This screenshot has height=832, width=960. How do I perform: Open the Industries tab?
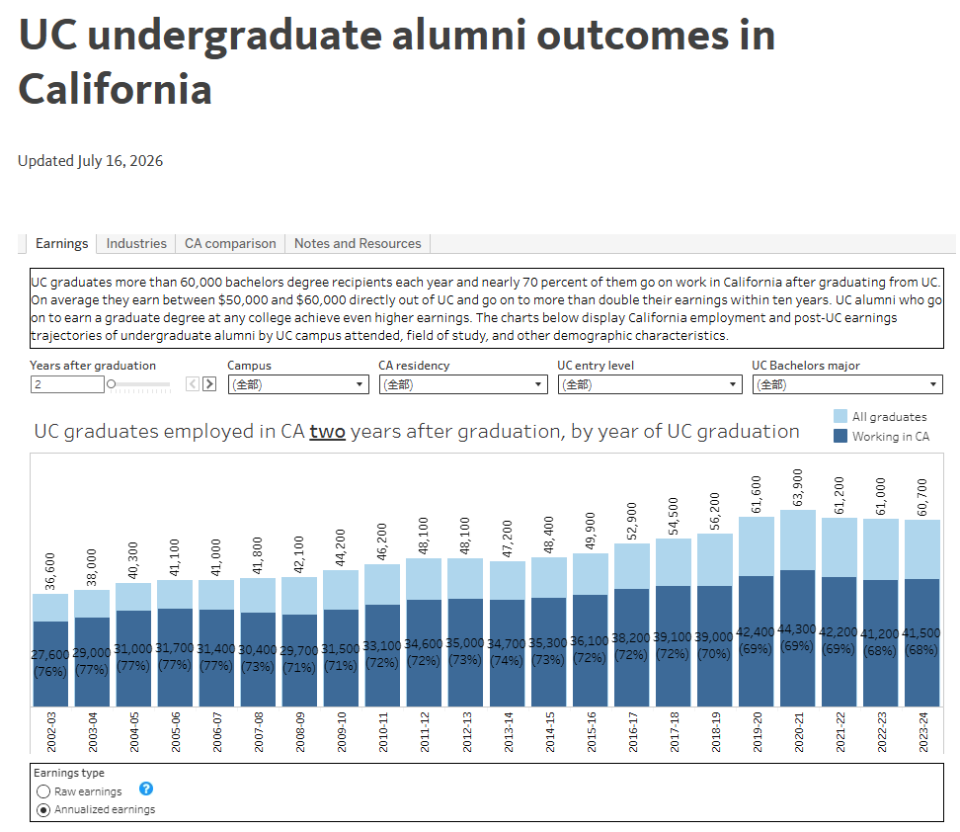click(x=136, y=243)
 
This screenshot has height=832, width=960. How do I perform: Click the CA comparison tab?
click(x=230, y=243)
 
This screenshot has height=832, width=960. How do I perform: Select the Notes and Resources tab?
click(x=358, y=243)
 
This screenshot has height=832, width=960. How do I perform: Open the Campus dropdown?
click(x=298, y=384)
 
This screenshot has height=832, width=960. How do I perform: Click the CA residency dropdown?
click(x=463, y=384)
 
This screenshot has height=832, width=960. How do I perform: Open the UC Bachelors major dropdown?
click(x=847, y=384)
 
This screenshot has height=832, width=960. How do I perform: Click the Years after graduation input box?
click(x=67, y=384)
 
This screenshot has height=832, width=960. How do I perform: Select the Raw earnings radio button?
click(x=43, y=791)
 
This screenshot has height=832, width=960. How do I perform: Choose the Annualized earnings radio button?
click(x=43, y=810)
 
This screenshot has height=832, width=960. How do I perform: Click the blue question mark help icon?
click(x=146, y=789)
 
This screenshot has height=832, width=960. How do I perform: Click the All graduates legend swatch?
click(x=840, y=417)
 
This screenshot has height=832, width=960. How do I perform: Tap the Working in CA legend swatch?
click(x=840, y=436)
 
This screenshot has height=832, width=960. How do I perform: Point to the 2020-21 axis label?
click(x=798, y=732)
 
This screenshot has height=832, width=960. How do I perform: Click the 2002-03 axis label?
click(x=51, y=732)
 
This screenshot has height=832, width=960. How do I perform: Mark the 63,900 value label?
click(x=798, y=488)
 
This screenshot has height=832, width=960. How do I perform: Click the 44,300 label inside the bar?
click(x=796, y=629)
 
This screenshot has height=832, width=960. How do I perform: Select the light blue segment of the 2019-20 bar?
click(x=757, y=546)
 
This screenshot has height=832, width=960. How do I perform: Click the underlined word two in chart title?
click(x=328, y=432)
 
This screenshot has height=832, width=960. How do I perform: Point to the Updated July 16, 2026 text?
click(x=91, y=161)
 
